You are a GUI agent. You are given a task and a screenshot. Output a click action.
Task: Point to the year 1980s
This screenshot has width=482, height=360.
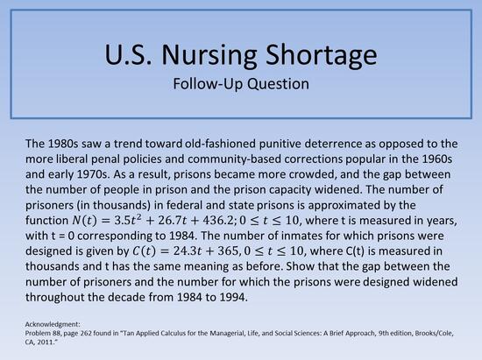point(68,143)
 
